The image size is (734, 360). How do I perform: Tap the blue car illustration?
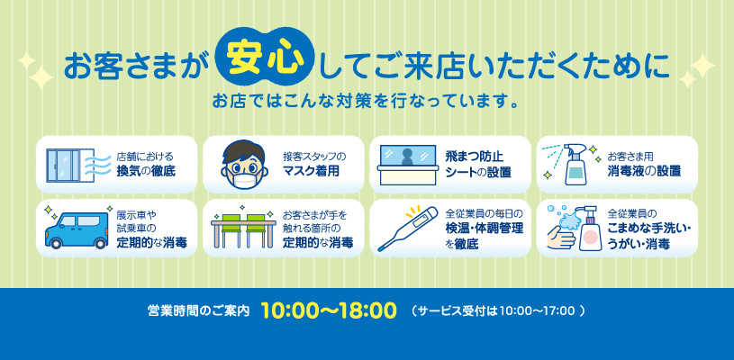pos(77,229)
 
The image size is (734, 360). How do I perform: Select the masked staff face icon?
pos(244,165)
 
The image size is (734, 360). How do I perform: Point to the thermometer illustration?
pos(408,229)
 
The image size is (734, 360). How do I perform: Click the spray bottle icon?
pos(573,165)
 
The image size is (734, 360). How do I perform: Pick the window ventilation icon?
pos(70,166)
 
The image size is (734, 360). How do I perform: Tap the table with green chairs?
pos(241,229)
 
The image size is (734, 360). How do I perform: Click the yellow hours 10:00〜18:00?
pos(329,310)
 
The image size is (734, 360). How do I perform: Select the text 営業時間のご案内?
pos(198,310)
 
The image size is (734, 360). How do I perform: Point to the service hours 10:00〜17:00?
pos(537,310)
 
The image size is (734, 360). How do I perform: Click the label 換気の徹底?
pos(146,171)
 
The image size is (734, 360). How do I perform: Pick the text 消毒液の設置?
pos(644,171)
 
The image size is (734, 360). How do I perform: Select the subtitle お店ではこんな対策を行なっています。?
pos(365,101)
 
